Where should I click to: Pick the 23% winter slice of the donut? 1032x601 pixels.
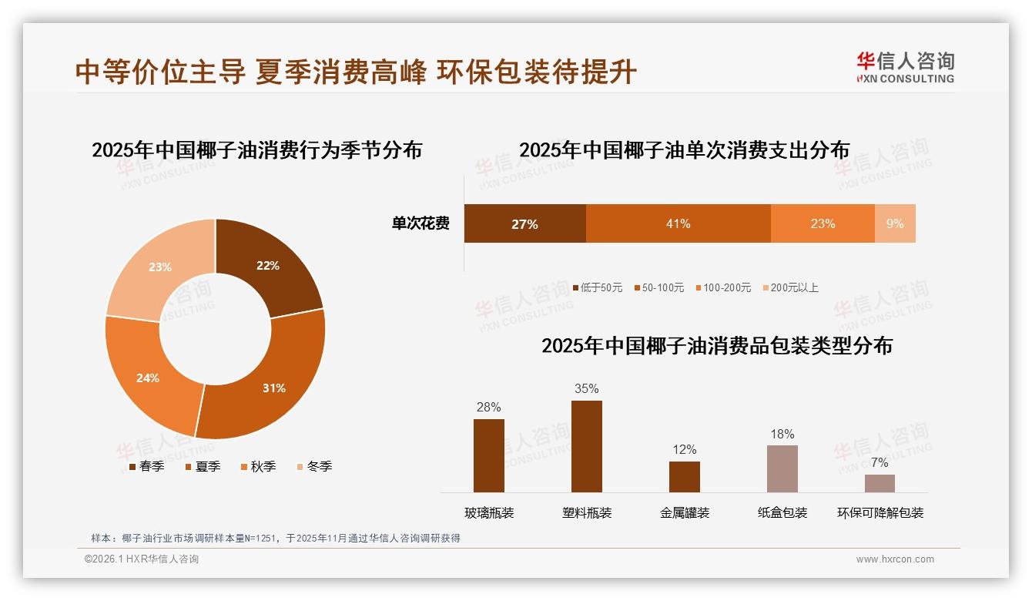[x=158, y=270]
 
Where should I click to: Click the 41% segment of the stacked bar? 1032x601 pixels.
[x=678, y=223]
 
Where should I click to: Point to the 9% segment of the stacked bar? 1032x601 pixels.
[x=895, y=223]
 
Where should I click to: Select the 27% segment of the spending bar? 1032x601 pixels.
[x=524, y=223]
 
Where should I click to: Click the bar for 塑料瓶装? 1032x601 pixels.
[x=586, y=446]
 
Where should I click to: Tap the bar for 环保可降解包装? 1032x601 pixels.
[x=880, y=483]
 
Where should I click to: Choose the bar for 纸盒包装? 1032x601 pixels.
[x=782, y=468]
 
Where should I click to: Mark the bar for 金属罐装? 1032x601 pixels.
[x=684, y=476]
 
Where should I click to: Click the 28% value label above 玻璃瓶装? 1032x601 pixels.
[x=488, y=407]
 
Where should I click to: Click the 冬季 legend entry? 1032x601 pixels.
[x=314, y=466]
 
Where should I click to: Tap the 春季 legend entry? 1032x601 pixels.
[x=146, y=466]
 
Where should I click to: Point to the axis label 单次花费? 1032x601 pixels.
[x=421, y=223]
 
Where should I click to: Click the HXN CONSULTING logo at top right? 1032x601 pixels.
[x=905, y=67]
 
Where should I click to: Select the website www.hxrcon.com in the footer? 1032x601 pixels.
[x=895, y=559]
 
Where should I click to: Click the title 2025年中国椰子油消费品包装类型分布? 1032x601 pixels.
[x=716, y=346]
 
